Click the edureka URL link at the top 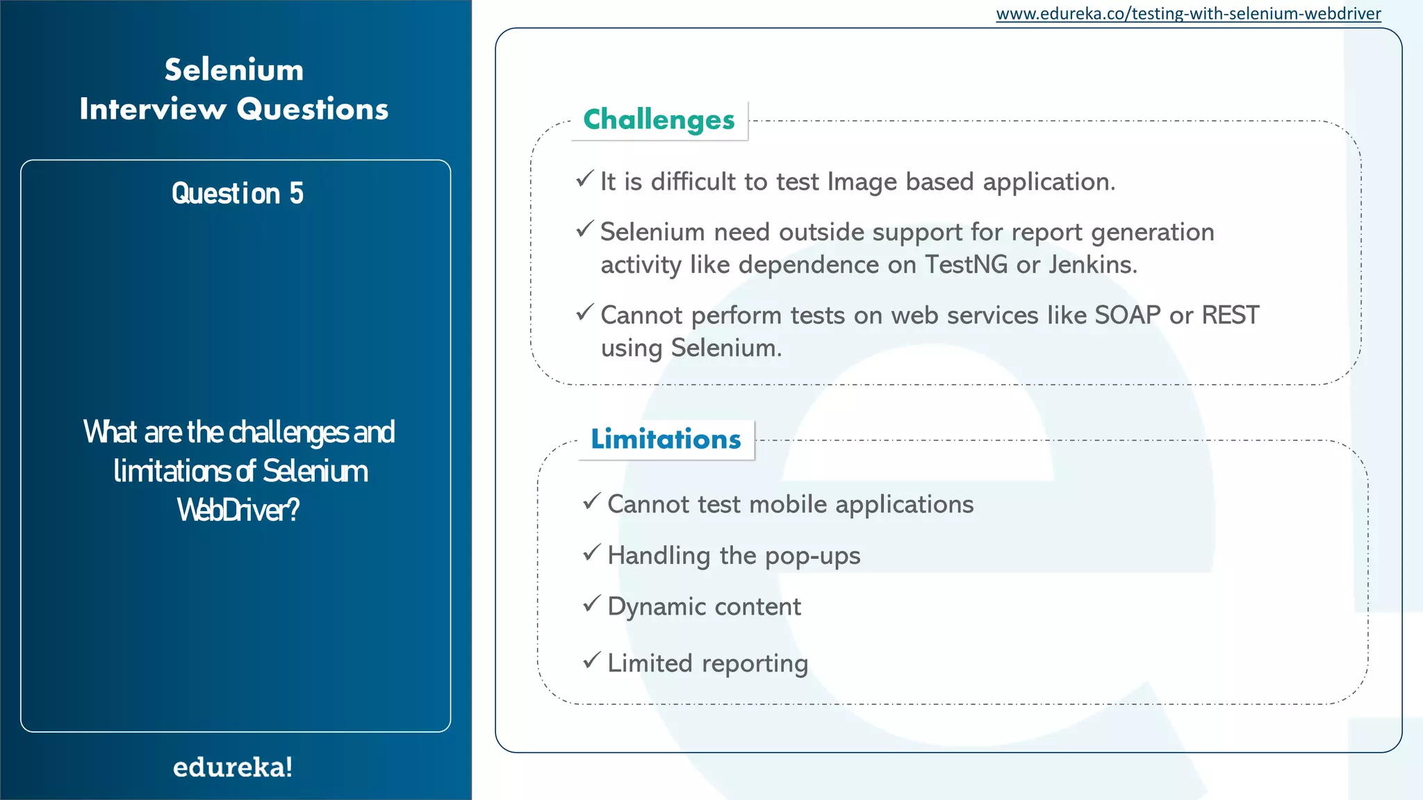click(x=1188, y=14)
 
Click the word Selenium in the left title click(x=234, y=70)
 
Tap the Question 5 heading click(x=237, y=193)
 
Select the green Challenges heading click(x=659, y=120)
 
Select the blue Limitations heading click(x=666, y=440)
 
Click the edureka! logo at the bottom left click(x=233, y=767)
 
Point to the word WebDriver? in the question click(x=238, y=510)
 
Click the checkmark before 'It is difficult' click(x=584, y=179)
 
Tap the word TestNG click(x=966, y=265)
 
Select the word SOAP click(x=1127, y=315)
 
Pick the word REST click(x=1230, y=315)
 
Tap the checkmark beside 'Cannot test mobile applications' click(x=591, y=501)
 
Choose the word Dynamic click(x=657, y=607)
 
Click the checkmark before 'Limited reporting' click(x=591, y=660)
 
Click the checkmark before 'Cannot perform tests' click(x=584, y=312)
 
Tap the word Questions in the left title click(x=312, y=110)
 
